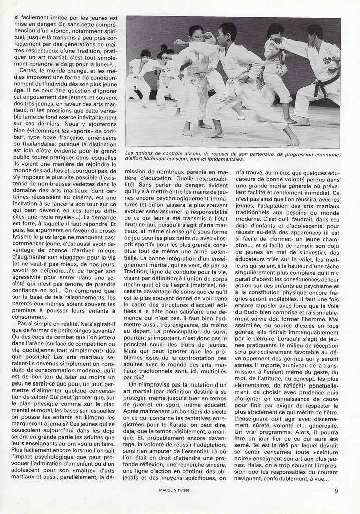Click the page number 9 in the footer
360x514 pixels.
(336, 491)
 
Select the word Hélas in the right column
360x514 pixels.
(272, 465)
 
